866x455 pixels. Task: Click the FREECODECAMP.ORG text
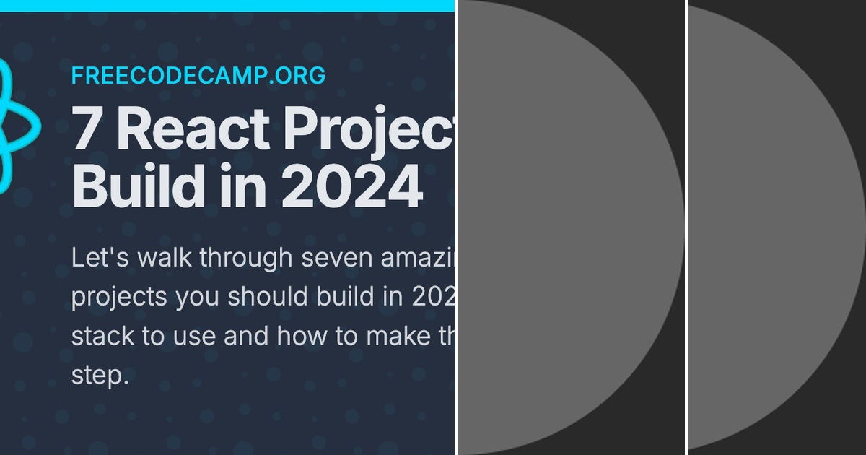[x=198, y=75]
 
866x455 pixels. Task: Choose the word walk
[x=157, y=258]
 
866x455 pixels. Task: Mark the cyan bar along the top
[x=227, y=5]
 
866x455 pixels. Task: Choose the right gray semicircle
[x=772, y=227]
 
